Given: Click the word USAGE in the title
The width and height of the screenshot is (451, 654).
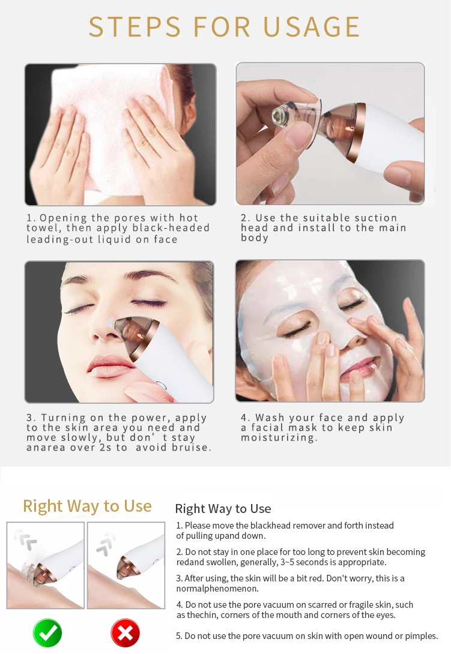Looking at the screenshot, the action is click(312, 27).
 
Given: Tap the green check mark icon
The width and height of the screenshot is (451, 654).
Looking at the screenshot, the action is click(47, 633).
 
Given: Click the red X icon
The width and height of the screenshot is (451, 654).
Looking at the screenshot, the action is click(126, 633).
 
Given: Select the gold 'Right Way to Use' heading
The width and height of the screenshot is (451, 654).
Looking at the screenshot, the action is click(87, 506).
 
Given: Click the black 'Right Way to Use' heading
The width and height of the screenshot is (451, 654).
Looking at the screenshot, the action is click(223, 509).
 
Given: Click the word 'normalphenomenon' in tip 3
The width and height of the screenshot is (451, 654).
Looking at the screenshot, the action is click(216, 589).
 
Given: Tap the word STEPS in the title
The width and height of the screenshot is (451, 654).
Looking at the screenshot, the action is click(135, 27).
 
